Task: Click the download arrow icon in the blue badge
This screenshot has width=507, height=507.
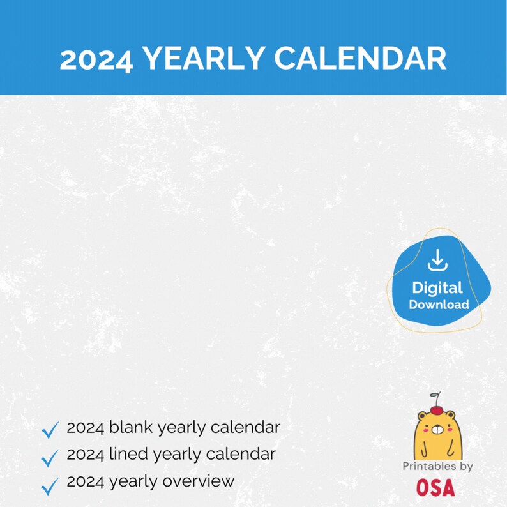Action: coord(437,261)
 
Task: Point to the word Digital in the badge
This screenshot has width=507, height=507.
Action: coord(437,288)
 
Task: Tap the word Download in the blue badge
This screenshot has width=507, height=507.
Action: coord(439,305)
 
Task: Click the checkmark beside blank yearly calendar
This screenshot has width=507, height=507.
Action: coord(50,429)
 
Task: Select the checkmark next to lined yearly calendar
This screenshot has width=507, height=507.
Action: coord(50,457)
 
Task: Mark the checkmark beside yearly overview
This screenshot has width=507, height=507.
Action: coord(50,485)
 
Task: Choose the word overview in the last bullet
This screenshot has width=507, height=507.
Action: coord(203,480)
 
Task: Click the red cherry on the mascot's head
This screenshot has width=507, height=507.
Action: coord(437,409)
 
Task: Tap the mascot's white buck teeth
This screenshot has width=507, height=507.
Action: coord(437,439)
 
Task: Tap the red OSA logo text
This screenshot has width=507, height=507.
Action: coord(436,488)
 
